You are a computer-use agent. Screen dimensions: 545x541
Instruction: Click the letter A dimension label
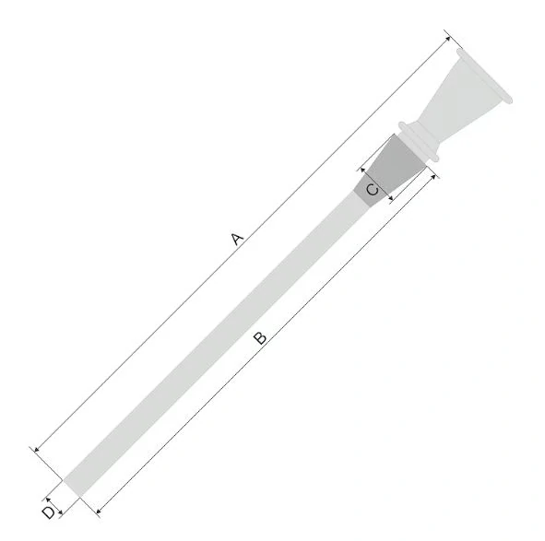(237, 239)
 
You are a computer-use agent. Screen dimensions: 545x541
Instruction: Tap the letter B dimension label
(260, 338)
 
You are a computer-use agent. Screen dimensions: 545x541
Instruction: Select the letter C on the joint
(373, 190)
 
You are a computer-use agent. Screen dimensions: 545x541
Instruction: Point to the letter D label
(49, 512)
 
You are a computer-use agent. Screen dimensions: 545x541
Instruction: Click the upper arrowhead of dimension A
(448, 39)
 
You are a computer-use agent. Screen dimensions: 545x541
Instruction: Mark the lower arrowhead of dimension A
(37, 450)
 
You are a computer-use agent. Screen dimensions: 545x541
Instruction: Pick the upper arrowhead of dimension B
(433, 177)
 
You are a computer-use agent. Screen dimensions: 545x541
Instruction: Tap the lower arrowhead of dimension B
(99, 511)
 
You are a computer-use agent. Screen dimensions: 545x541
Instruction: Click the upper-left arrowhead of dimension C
(362, 170)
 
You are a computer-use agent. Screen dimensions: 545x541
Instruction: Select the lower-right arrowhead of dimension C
(391, 198)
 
